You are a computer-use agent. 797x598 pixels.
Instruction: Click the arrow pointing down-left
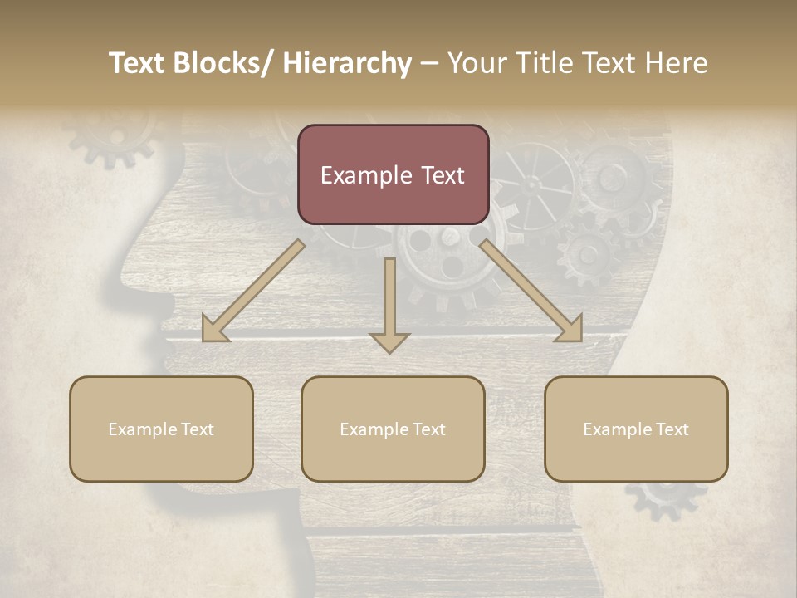[x=253, y=292]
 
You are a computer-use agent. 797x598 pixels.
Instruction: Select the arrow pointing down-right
[x=531, y=292]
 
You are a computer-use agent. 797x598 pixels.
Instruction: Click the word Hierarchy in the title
[x=347, y=63]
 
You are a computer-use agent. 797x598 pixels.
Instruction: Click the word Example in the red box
[x=364, y=175]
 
